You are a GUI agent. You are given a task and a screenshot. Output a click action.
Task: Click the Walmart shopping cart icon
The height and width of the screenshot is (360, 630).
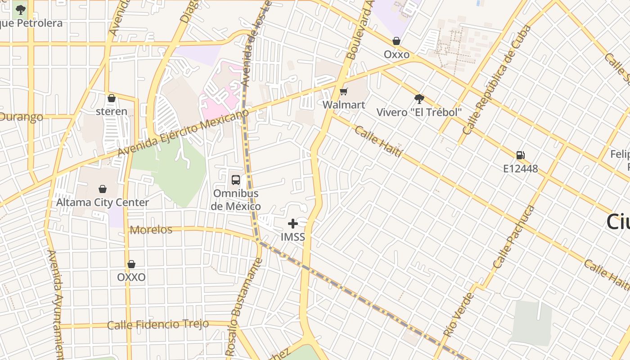343,92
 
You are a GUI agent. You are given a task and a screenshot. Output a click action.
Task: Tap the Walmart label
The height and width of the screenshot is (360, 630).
344,105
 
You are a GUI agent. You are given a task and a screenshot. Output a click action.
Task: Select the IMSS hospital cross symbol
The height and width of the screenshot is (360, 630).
293,223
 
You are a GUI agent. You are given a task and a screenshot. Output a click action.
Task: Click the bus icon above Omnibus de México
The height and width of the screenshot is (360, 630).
235,180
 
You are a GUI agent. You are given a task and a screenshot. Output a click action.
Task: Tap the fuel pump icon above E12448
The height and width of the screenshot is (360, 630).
520,155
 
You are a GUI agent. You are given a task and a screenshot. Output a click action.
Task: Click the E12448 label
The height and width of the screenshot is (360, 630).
520,169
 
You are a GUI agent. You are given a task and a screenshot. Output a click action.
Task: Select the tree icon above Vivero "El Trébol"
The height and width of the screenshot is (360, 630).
419,99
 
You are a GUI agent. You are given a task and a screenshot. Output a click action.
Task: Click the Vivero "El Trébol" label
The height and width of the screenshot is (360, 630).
419,112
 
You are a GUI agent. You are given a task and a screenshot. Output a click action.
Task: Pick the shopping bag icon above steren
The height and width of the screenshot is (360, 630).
112,98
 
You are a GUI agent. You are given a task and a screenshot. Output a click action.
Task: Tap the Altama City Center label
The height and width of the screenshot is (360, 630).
103,202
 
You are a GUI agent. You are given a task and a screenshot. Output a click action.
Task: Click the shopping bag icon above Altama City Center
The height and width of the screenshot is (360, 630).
103,189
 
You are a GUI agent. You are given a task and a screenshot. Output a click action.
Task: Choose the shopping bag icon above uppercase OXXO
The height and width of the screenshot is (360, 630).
131,264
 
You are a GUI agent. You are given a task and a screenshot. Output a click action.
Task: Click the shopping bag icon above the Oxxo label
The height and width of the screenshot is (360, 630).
396,41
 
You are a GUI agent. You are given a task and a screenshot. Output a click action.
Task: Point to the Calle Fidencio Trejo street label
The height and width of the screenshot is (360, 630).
158,324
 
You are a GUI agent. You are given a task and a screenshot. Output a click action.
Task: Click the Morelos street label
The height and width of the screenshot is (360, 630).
151,230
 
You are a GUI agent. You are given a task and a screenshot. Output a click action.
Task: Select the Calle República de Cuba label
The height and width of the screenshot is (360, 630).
497,80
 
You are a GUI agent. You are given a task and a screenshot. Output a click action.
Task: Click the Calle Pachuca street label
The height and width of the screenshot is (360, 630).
513,237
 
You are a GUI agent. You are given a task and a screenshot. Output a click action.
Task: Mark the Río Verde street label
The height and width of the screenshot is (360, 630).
459,315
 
